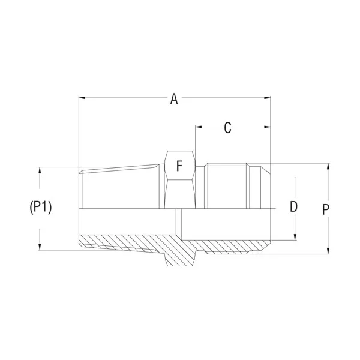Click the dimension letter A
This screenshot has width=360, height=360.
click(x=174, y=99)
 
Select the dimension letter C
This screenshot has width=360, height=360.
click(x=227, y=128)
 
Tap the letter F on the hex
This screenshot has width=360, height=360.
click(x=179, y=166)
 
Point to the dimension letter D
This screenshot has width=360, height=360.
click(x=293, y=206)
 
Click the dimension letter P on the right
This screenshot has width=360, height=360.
click(x=326, y=209)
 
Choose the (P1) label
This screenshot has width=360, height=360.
click(x=41, y=207)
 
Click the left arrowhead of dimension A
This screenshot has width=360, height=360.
click(x=82, y=98)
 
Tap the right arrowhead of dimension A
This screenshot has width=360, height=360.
click(x=267, y=98)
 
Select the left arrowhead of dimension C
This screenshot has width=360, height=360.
click(x=199, y=127)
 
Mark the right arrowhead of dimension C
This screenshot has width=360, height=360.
click(x=267, y=127)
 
